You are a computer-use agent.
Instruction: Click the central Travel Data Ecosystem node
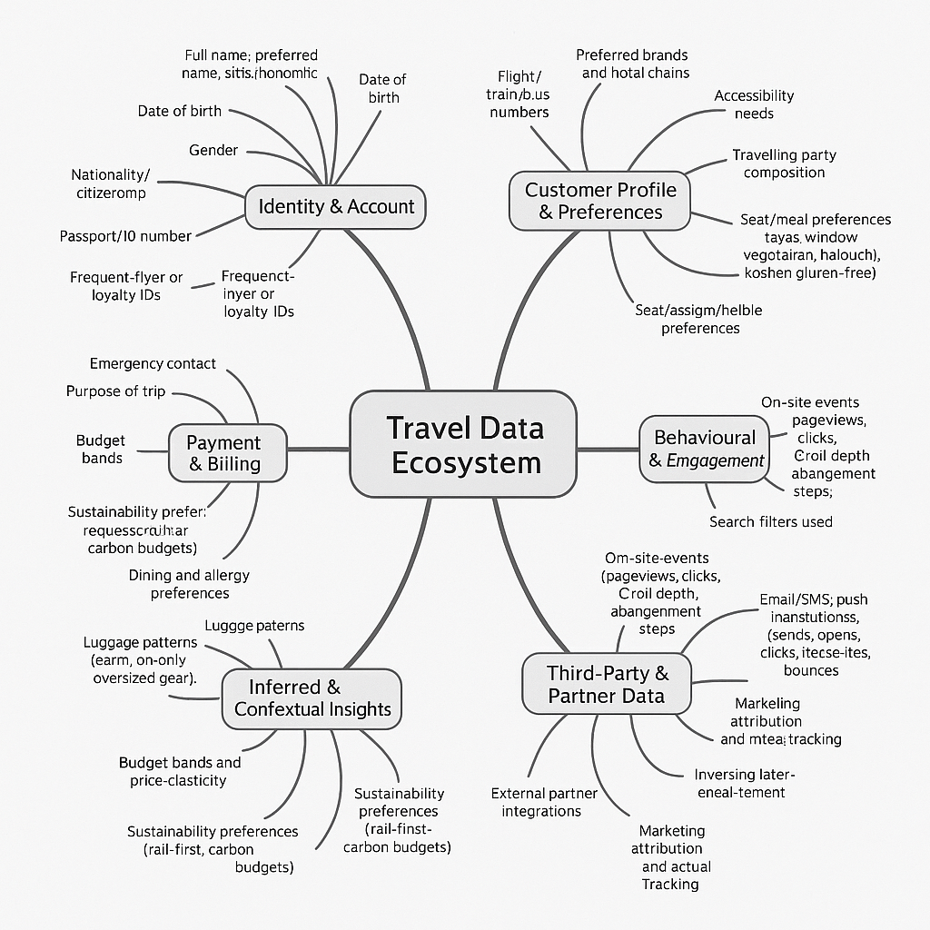click(463, 444)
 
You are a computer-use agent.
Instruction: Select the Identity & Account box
click(336, 206)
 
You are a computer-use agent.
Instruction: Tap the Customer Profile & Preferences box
click(600, 201)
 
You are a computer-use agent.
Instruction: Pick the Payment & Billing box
click(223, 453)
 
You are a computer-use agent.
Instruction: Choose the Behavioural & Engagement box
click(705, 449)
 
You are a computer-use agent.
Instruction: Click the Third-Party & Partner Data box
click(607, 685)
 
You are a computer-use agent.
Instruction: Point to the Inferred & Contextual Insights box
click(312, 697)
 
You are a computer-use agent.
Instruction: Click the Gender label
click(213, 150)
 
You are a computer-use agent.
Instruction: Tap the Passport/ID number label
click(125, 236)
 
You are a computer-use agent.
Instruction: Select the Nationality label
click(110, 183)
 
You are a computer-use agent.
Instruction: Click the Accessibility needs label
click(754, 104)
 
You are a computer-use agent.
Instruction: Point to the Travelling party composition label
click(778, 163)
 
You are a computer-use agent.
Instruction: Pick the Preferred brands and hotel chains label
click(632, 64)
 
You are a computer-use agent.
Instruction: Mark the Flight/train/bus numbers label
click(519, 94)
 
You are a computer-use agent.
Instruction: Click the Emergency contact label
click(153, 364)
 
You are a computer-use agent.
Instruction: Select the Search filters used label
click(770, 521)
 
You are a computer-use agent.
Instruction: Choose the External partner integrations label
click(543, 802)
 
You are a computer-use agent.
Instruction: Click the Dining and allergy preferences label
click(189, 584)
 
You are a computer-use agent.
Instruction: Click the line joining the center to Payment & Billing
click(318, 449)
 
